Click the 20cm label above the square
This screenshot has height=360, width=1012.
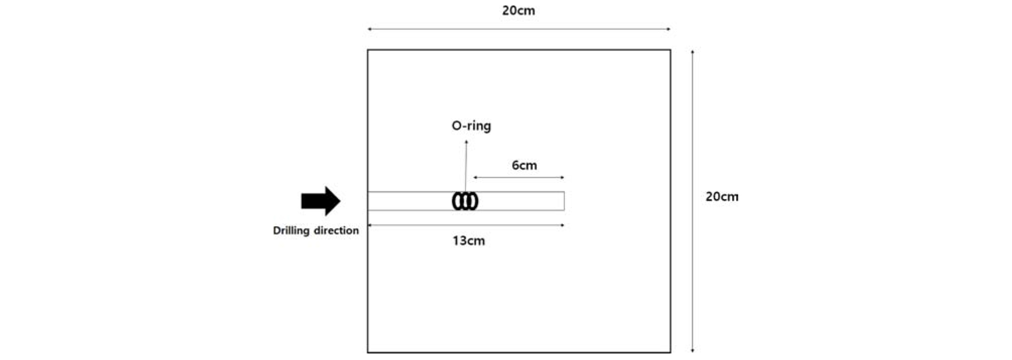[519, 11]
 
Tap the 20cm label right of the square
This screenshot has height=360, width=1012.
[722, 197]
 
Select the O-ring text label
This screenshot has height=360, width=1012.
[471, 126]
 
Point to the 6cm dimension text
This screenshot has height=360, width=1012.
[524, 165]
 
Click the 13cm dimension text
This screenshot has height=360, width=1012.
[469, 241]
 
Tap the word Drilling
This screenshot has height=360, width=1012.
[291, 231]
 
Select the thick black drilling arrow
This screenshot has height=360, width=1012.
[321, 201]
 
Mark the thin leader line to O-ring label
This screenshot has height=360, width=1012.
[466, 166]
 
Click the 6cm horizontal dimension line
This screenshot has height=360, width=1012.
[519, 177]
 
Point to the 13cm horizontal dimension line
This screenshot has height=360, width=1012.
[466, 225]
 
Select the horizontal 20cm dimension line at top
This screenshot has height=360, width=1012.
[519, 29]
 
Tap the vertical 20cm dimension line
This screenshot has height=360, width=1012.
[692, 201]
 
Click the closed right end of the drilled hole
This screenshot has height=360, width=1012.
[564, 201]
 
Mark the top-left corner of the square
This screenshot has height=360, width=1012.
[368, 50]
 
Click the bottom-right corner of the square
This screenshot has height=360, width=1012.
[670, 352]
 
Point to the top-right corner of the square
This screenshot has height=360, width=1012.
[670, 50]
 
